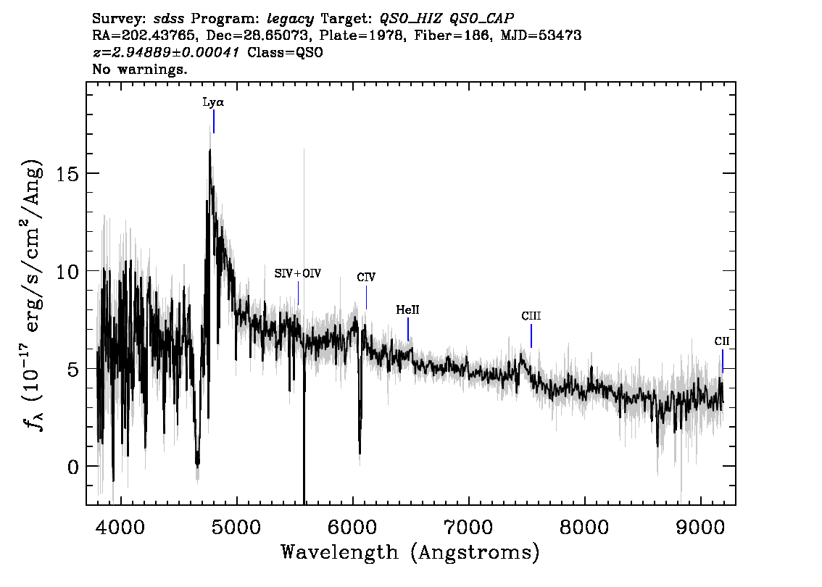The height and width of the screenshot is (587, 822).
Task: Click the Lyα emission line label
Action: [x=213, y=102]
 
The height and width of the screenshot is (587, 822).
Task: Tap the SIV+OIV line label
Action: [x=298, y=274]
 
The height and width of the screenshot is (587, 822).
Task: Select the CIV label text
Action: [x=366, y=278]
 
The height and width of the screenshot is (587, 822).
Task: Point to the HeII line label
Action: [x=407, y=309]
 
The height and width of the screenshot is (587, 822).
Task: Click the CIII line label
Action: [x=531, y=316]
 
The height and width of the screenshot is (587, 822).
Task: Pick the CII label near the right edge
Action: [x=722, y=341]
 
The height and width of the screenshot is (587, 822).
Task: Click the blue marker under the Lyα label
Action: [x=214, y=122]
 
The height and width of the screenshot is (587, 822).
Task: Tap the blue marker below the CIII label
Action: [x=531, y=336]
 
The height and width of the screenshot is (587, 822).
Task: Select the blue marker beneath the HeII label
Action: [x=408, y=330]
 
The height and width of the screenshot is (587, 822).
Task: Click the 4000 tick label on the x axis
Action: [x=120, y=528]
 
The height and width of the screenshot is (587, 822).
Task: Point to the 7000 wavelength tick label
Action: [x=468, y=528]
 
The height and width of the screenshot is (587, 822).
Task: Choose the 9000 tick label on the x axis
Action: [x=700, y=528]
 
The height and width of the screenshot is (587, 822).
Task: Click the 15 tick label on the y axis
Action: [x=67, y=173]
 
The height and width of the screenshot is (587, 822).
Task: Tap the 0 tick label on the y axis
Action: [x=73, y=467]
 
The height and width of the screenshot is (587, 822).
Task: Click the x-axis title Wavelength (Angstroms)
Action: [x=410, y=552]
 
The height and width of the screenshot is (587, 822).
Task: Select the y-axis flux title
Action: [x=33, y=294]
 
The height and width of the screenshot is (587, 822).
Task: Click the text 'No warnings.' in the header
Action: [x=139, y=69]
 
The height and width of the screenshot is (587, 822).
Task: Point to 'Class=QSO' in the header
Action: [x=285, y=52]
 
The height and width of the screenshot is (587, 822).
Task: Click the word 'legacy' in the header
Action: [x=291, y=20]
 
